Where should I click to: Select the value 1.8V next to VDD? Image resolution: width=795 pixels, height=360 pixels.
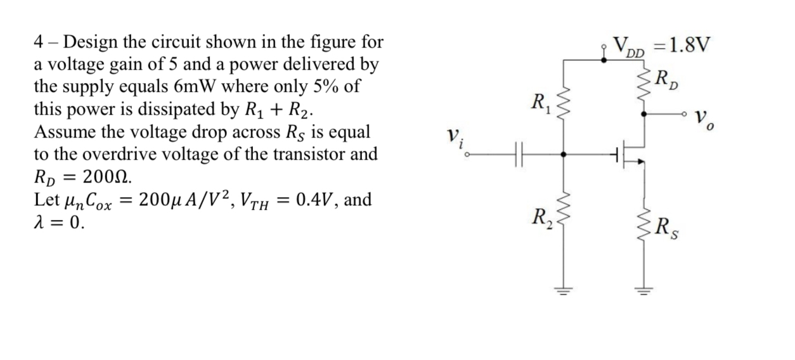tap(688, 45)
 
